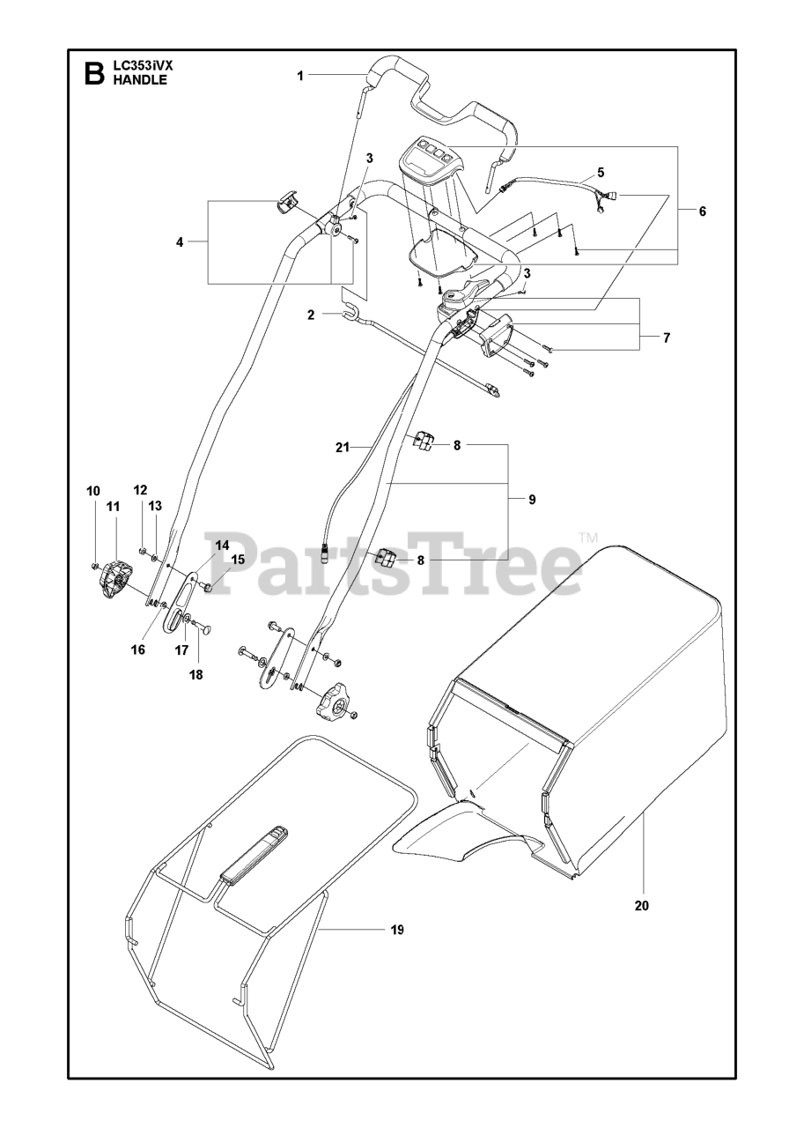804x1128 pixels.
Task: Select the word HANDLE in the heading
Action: [137, 79]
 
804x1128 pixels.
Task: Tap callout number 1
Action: [299, 76]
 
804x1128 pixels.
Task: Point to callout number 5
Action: [601, 172]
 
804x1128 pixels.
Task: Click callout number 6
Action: [702, 211]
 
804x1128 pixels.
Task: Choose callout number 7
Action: [667, 338]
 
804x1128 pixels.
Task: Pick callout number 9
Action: [532, 500]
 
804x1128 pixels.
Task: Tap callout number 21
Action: [343, 448]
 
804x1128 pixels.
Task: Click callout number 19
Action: [396, 929]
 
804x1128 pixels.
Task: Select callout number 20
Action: [641, 904]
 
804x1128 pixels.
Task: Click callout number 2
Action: [311, 314]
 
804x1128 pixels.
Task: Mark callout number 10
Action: [93, 490]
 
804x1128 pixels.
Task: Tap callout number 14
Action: [221, 545]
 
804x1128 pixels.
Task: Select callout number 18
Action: [195, 674]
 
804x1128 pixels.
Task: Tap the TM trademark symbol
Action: [588, 538]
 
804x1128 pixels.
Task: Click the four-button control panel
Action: [432, 156]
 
